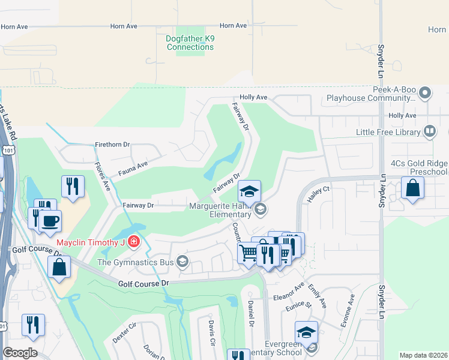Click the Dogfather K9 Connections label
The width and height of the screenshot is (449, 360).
pos(190,43)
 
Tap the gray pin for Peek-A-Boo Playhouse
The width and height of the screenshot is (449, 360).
pos(426,92)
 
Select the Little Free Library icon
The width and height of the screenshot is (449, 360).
pos(429,130)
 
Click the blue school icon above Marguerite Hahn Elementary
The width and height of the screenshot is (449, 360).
pos(249,191)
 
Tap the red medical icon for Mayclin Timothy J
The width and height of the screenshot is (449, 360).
pos(134,242)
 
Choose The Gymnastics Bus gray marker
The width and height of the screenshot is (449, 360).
pos(182,260)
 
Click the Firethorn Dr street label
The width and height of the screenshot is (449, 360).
pos(112,145)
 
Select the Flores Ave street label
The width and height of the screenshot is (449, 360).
pos(103,178)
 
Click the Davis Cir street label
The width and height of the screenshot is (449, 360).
pos(211,334)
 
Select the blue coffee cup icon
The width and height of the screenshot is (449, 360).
pos(50,221)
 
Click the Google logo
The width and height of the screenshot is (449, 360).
pos(20,353)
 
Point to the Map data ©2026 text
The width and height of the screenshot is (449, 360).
pos(423,355)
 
